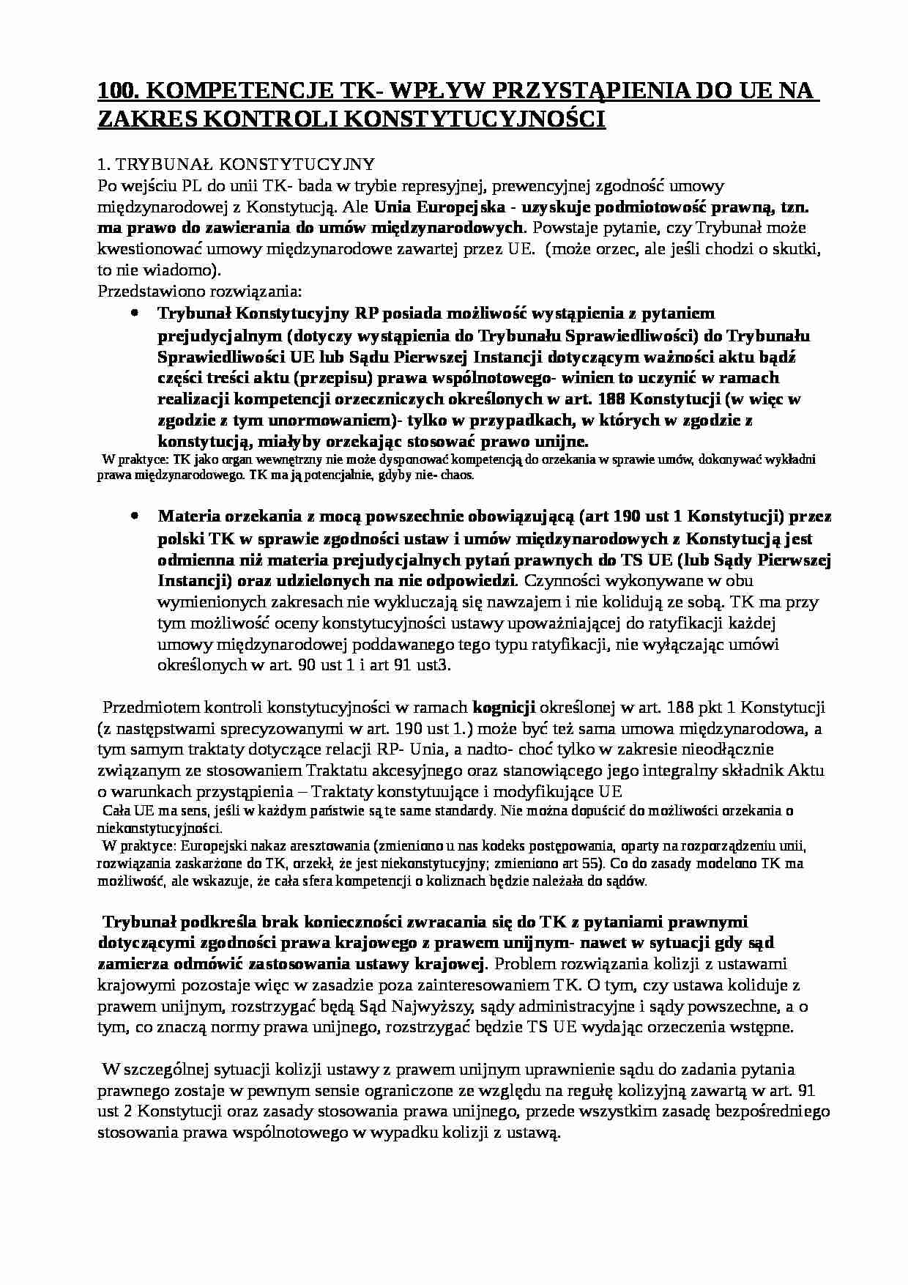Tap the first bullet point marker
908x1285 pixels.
click(134, 313)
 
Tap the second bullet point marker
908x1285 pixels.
click(134, 516)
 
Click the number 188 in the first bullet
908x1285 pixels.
click(611, 399)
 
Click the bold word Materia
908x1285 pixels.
click(187, 516)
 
